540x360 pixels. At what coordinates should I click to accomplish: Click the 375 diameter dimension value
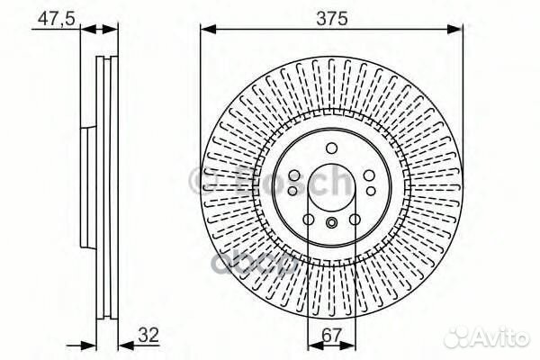(x=330, y=16)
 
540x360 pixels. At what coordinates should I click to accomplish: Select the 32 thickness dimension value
(x=148, y=334)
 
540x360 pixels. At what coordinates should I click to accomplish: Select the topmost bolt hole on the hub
(x=331, y=149)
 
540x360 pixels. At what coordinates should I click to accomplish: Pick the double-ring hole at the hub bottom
(x=331, y=224)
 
